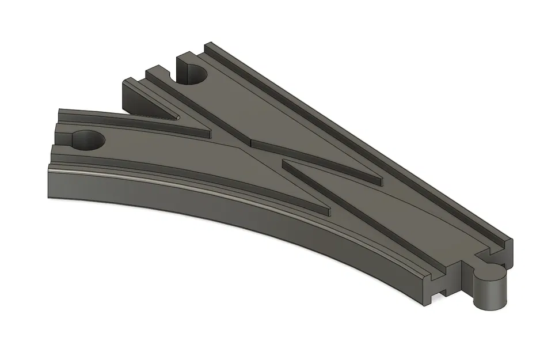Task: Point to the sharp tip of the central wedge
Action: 284,163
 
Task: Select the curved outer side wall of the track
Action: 230,225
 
